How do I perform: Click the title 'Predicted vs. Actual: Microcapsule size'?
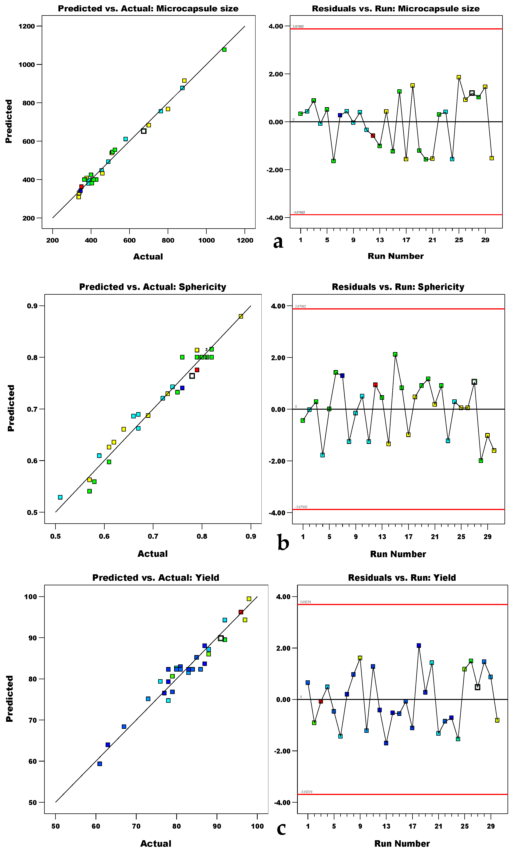(148, 9)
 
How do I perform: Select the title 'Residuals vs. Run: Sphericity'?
(398, 287)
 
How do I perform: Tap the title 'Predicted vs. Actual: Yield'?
(156, 578)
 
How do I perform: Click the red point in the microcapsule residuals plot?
(373, 136)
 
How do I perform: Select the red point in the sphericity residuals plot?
(375, 385)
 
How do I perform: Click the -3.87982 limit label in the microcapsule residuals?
(299, 212)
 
